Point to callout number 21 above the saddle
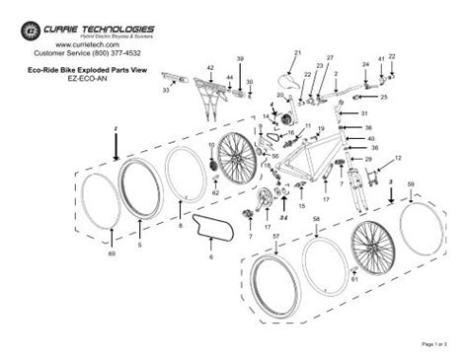point(296,51)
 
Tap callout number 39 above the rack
point(240,59)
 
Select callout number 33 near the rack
point(165,90)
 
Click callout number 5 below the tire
point(139,244)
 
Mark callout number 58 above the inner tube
point(315,218)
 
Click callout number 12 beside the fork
point(398,158)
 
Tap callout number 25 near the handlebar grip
point(384,99)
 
